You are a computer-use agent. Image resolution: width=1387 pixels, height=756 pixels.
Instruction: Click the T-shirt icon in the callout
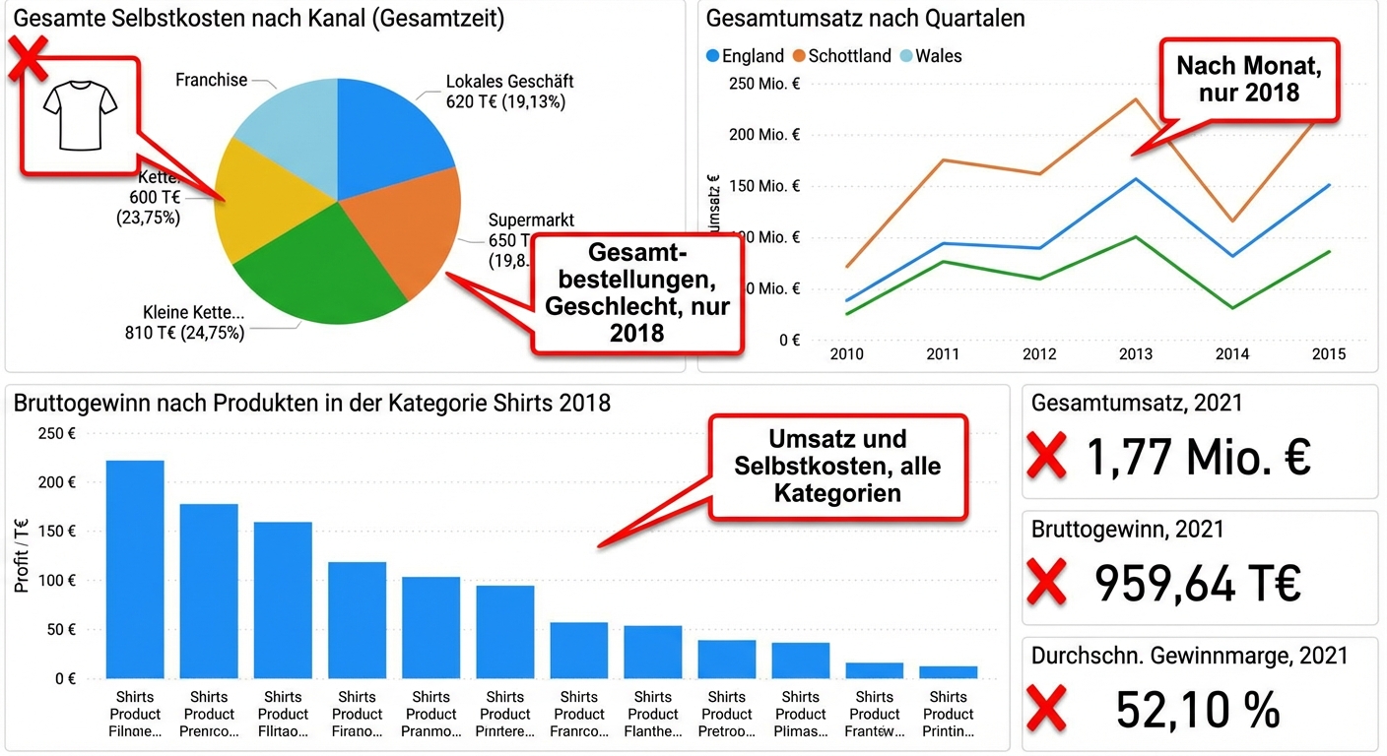tap(81, 115)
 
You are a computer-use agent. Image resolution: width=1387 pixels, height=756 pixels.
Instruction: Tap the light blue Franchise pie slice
tap(286, 128)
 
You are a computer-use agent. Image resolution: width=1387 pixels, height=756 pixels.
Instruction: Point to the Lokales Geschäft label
tap(508, 82)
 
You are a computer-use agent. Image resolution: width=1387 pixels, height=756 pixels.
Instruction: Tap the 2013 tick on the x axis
tap(1136, 354)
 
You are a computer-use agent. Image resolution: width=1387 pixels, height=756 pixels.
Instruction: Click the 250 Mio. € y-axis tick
tap(764, 84)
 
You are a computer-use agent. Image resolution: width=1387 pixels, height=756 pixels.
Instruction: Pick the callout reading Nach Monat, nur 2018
tap(1249, 80)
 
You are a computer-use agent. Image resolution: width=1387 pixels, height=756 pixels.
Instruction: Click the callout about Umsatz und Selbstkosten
tap(837, 466)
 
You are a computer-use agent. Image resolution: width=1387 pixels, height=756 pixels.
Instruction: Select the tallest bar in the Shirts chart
tap(135, 568)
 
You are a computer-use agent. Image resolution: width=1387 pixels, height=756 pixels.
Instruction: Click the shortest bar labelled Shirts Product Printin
tap(949, 672)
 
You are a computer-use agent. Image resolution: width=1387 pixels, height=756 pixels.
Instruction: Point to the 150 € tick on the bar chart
tap(58, 532)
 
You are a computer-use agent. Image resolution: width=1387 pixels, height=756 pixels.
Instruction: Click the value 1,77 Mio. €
tap(1198, 457)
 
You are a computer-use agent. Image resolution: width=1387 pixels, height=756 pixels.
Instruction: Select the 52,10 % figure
tap(1198, 709)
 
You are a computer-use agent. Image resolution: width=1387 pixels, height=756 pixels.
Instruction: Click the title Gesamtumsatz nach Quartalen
tap(865, 18)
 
